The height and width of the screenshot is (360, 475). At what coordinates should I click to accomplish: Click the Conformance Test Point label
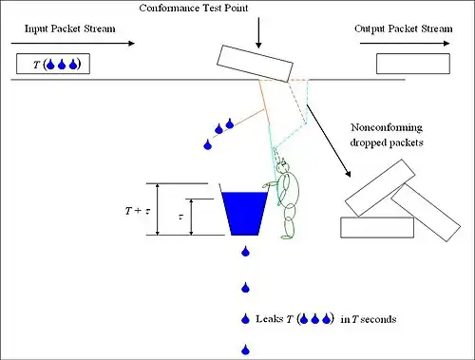point(194,8)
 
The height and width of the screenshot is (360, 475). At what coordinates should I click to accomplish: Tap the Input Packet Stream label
point(70,28)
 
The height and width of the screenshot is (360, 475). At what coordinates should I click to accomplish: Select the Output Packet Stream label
point(404,28)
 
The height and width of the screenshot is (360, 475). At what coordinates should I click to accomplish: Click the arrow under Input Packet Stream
point(73,44)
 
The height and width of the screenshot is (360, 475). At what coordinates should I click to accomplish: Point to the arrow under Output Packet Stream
point(405,44)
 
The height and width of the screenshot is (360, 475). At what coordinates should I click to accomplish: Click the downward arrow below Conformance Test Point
point(258,33)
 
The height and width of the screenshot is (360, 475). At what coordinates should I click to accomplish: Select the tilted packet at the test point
point(255,64)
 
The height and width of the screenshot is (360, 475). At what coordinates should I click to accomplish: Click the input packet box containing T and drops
point(53,64)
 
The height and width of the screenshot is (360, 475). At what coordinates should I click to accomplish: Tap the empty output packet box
point(413,64)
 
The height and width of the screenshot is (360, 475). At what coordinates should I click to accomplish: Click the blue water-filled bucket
point(244,213)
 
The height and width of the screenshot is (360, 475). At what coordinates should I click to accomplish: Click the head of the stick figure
point(282,166)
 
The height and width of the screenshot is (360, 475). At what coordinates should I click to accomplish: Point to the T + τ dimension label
point(138,211)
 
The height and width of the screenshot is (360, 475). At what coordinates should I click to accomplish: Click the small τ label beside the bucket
point(180,217)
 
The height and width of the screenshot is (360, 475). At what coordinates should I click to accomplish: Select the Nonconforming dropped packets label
point(387,135)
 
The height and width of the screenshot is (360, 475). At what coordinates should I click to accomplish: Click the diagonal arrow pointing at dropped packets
point(329,141)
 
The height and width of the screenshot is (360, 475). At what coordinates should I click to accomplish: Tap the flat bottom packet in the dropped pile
point(377,227)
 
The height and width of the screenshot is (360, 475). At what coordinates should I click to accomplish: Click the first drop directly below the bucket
point(245,252)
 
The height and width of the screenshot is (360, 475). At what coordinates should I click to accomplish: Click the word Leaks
point(270,319)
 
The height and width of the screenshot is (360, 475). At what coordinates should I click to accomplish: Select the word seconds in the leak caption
point(378,319)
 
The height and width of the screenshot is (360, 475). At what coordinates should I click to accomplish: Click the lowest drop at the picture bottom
point(245,350)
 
